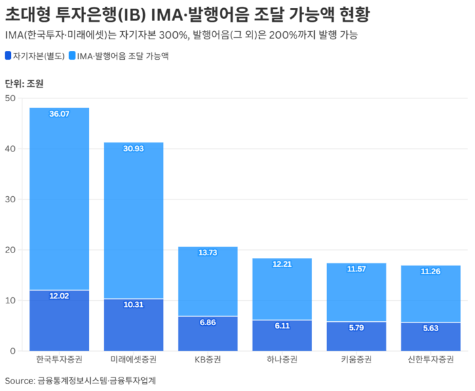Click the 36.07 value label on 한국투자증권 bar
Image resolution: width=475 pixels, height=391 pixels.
[59, 114]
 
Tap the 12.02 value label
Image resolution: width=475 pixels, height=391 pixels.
[59, 296]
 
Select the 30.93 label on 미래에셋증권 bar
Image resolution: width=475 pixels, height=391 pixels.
[134, 148]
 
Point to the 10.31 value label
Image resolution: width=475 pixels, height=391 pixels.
[134, 305]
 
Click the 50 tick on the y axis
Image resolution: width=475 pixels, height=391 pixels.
[9, 98]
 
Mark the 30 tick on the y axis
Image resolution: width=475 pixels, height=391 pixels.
[9, 200]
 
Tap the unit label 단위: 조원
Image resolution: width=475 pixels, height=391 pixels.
[24, 84]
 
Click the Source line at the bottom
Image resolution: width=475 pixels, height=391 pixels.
[80, 380]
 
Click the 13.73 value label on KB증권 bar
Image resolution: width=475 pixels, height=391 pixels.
[208, 253]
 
